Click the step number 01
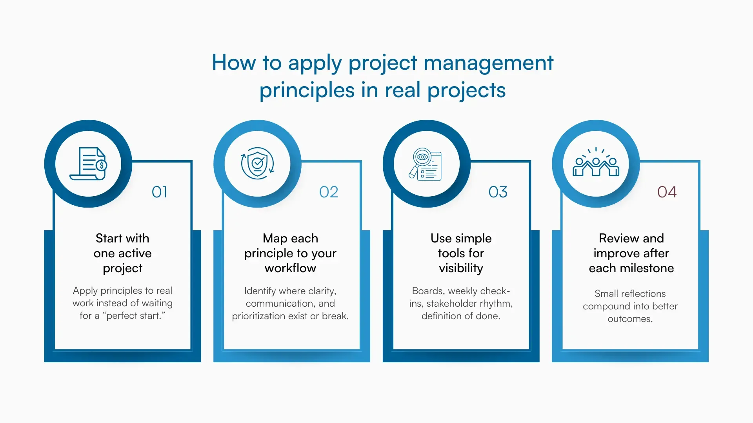coord(160,192)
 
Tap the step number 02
coord(329,192)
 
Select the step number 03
coord(498,192)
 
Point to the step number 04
coord(667,192)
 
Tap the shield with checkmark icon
coord(257,163)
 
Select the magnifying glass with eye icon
coord(426,164)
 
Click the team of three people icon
coord(596,164)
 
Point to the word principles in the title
coord(307,90)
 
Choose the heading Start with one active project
coord(122,253)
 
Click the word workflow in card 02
coord(290,268)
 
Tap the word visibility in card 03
coord(461,268)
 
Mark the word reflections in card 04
coord(643,294)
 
